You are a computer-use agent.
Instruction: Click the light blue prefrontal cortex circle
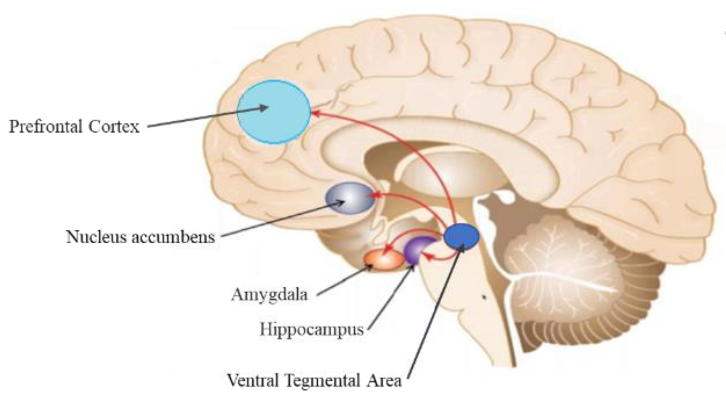click(274, 112)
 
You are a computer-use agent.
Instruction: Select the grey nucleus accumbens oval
click(350, 198)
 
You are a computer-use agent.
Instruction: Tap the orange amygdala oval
click(384, 260)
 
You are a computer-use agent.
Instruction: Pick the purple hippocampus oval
click(418, 249)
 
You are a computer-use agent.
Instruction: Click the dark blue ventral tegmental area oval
click(461, 236)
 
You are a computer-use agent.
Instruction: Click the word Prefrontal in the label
click(45, 127)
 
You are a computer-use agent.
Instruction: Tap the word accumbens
click(173, 237)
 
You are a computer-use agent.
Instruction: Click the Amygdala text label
click(269, 294)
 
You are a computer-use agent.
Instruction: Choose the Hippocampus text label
click(311, 329)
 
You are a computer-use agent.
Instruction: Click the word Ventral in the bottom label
click(252, 380)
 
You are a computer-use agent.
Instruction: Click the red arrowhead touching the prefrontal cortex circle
click(315, 113)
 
